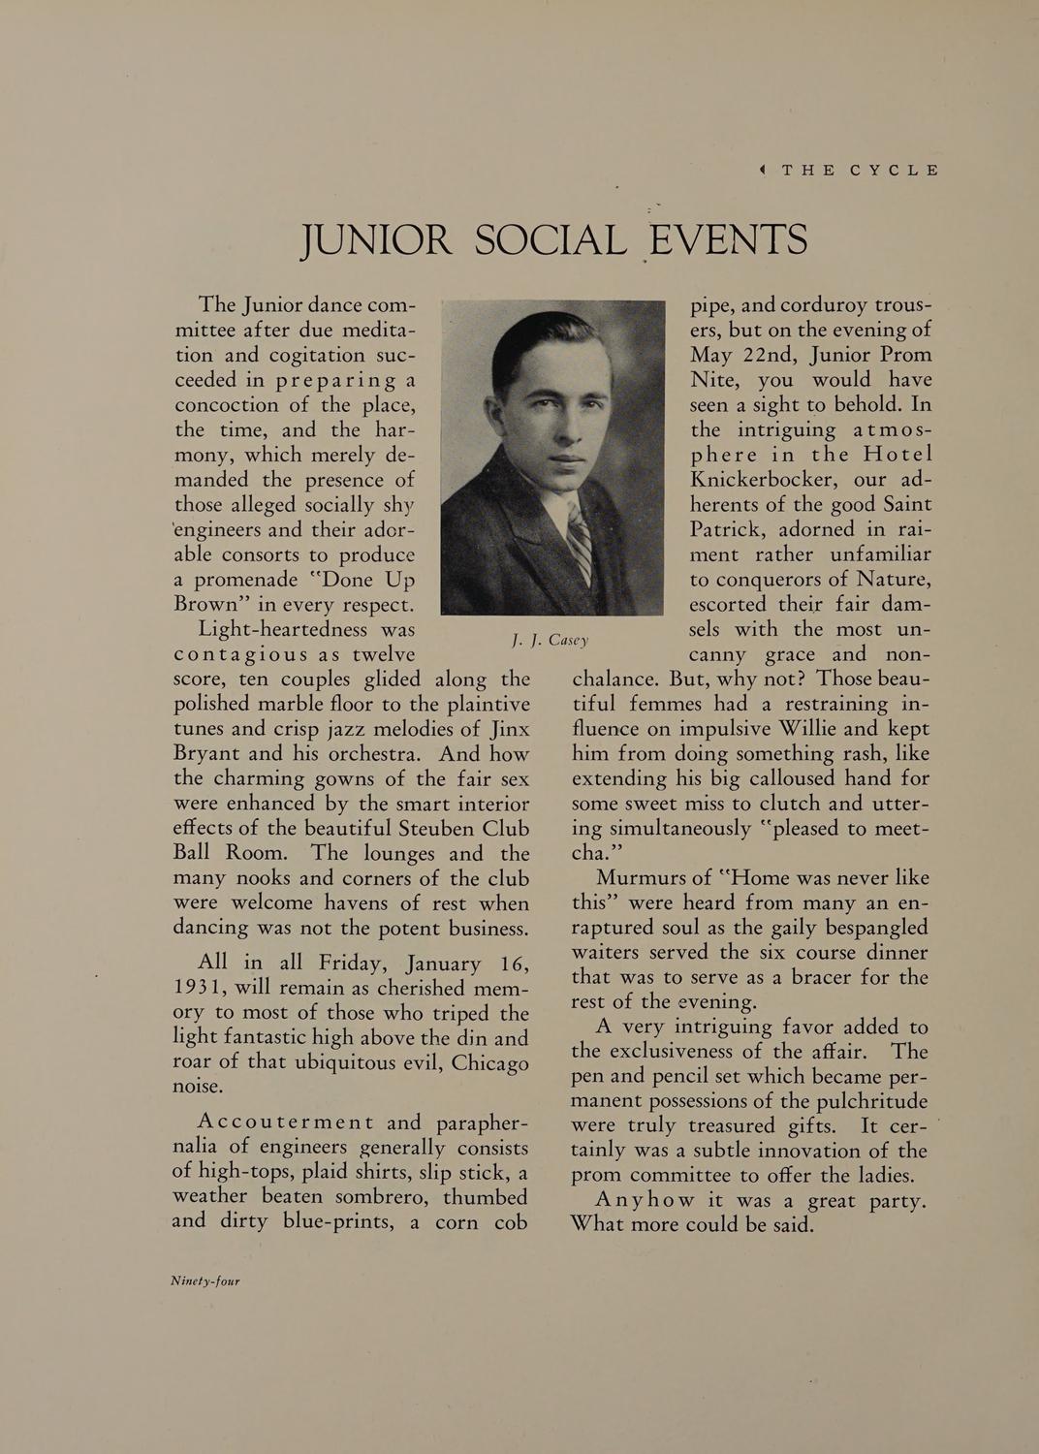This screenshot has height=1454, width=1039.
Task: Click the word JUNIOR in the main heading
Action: click(376, 239)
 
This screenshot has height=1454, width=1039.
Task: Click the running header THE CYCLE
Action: click(860, 170)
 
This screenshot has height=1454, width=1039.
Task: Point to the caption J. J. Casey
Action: click(550, 640)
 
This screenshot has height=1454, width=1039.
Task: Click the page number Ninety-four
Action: click(205, 1280)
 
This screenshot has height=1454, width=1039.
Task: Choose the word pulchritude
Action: click(866, 1101)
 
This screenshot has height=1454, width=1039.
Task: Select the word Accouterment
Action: click(286, 1122)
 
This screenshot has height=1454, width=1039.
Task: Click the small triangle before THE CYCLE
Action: click(763, 170)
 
